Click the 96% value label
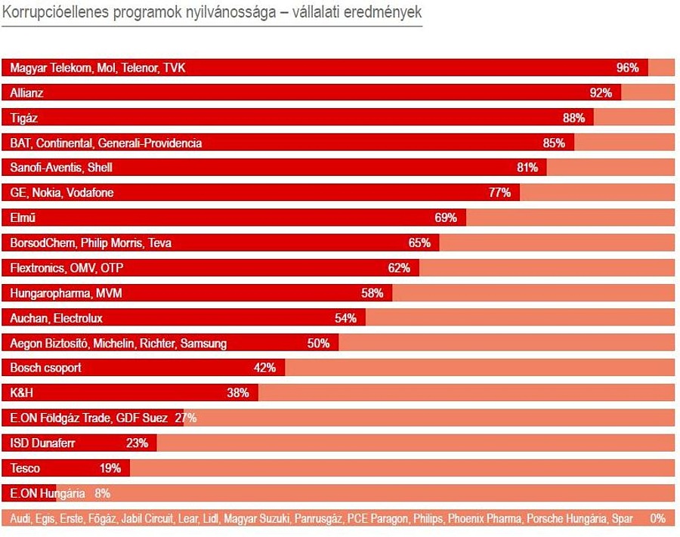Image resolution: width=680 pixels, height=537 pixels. tap(628, 68)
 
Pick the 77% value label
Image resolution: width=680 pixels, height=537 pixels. tap(499, 193)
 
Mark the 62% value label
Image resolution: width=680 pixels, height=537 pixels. tap(399, 267)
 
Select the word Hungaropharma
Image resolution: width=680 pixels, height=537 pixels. tap(45, 292)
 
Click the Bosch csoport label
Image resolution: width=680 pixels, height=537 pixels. tap(45, 368)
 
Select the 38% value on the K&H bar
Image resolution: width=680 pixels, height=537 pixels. tap(238, 393)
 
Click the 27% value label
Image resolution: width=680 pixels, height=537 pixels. tap(185, 418)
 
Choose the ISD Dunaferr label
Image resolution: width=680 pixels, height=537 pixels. tap(42, 443)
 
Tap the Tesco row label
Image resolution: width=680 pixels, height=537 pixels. tap(25, 468)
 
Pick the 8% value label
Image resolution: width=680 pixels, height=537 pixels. tap(103, 493)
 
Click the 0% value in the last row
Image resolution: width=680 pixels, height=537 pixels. tap(657, 519)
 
